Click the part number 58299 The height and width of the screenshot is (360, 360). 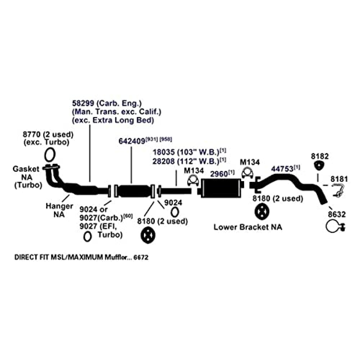pos(82,103)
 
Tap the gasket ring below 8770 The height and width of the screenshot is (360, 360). pos(50,155)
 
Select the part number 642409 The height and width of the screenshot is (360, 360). pos(132,141)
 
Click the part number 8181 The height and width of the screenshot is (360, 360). pos(340,179)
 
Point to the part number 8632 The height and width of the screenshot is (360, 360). pos(337,215)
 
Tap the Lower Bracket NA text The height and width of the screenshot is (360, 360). pos(248,227)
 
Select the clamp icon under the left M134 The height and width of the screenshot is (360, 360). pos(194,180)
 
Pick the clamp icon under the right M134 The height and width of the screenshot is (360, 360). pos(247,173)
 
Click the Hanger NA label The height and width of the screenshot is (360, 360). pos(55,210)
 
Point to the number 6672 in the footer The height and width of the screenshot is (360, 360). pos(141,258)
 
